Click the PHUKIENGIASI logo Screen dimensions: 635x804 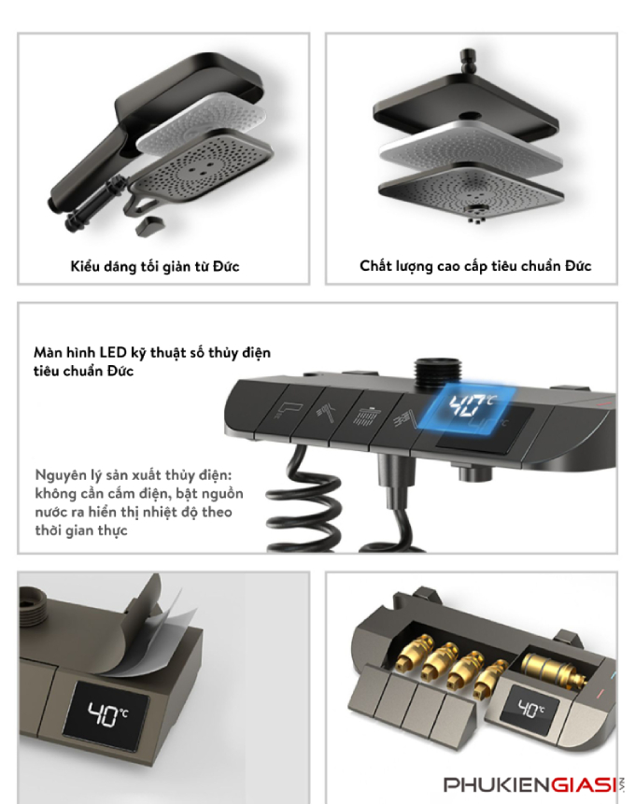(534, 784)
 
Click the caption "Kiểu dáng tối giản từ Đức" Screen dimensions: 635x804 (155, 267)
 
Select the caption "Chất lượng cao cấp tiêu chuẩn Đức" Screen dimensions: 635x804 (475, 266)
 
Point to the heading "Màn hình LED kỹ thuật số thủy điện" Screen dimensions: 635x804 (152, 353)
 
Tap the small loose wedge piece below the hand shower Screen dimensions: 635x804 (149, 226)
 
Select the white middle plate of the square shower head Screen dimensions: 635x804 (471, 149)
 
